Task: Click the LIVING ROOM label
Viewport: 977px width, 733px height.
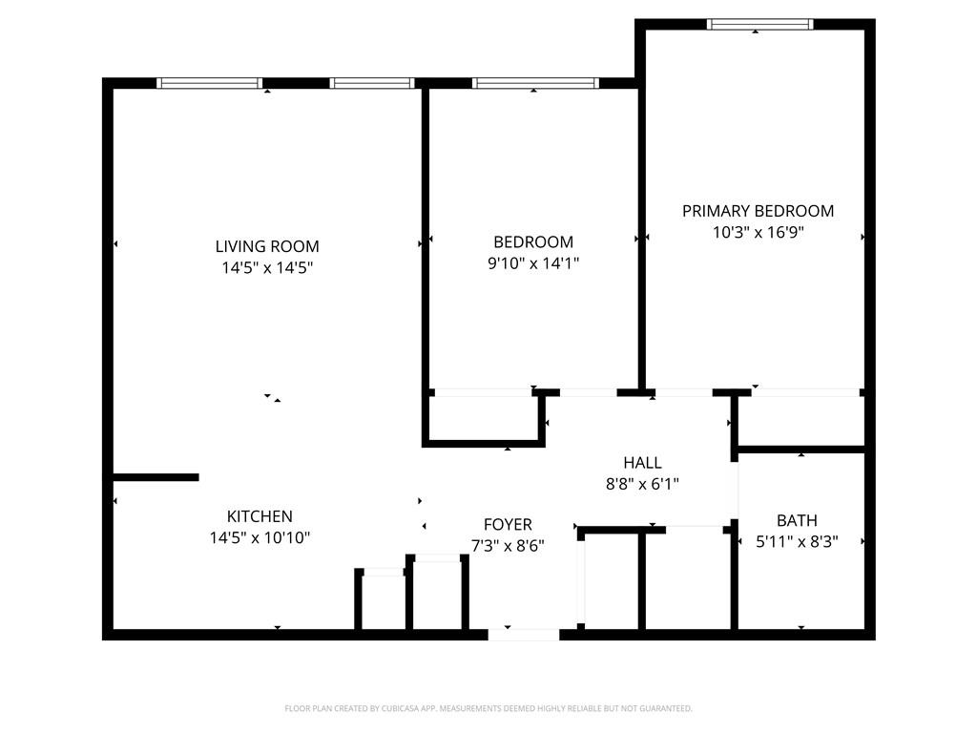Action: point(267,246)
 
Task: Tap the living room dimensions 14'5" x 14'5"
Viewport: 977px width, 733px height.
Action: point(267,268)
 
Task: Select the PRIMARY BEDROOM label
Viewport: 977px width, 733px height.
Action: point(758,211)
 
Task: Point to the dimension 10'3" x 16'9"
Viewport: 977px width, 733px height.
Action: point(758,232)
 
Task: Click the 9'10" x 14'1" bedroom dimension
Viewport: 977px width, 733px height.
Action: point(533,263)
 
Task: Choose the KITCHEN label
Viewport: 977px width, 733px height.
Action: point(260,516)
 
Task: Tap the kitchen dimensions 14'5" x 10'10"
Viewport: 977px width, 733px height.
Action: point(260,538)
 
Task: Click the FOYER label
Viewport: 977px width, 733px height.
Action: point(508,525)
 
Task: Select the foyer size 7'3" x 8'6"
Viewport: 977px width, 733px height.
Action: point(508,546)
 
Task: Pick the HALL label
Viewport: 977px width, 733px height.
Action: point(642,463)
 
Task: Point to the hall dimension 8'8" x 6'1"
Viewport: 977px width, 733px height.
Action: point(642,484)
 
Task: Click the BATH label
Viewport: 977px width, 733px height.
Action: point(797,520)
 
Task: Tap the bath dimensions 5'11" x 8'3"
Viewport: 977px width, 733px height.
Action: point(797,541)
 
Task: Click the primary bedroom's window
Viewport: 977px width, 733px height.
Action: point(759,24)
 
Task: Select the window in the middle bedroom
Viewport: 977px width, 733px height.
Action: point(535,83)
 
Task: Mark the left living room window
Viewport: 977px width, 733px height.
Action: point(209,83)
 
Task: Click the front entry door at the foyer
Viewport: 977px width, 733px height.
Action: point(524,634)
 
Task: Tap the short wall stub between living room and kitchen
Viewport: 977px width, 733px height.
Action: point(156,477)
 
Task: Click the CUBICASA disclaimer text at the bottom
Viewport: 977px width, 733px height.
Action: point(488,708)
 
